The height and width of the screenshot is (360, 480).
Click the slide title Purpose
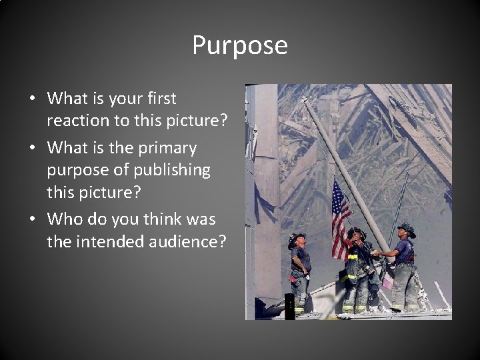tap(240, 46)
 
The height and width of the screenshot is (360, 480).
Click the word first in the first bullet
tap(159, 99)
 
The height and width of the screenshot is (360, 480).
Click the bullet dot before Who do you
tap(33, 219)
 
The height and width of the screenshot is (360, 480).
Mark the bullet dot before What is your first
tap(33, 99)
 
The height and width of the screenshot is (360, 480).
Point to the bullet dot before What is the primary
tap(33, 147)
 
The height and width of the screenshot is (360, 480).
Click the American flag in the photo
tap(340, 217)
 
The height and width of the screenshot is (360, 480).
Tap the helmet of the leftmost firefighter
tap(297, 237)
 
